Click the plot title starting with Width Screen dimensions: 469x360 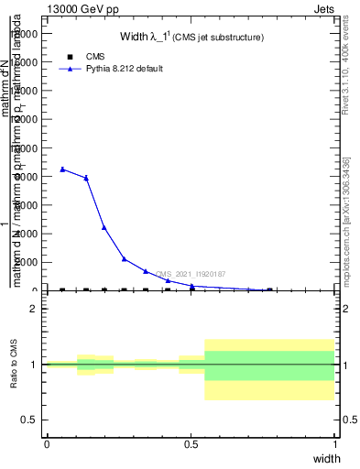point(192,38)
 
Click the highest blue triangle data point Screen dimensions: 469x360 point(62,169)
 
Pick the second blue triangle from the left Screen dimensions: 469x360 point(86,178)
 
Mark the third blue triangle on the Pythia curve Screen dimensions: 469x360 point(104,227)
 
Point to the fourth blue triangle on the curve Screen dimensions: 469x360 point(125,259)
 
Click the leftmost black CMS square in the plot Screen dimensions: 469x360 point(62,290)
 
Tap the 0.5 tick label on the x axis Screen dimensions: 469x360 point(191,444)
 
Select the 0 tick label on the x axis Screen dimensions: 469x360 point(47,444)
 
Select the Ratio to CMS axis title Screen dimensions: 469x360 point(15,365)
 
